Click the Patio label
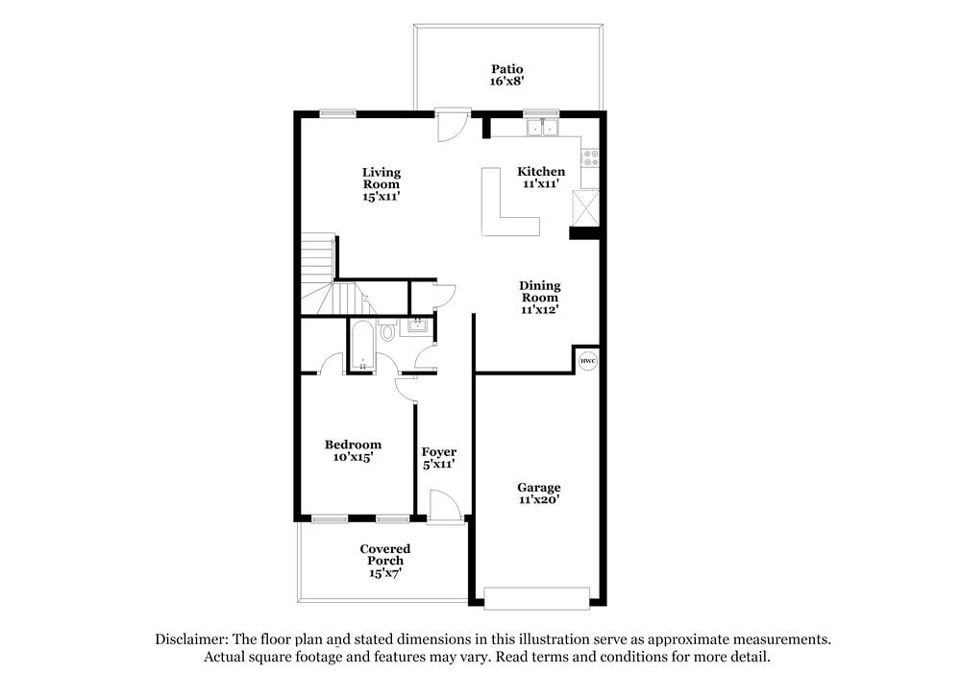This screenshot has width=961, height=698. [x=506, y=69]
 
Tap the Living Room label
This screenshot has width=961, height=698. [x=382, y=178]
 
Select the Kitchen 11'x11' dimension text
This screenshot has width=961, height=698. [x=543, y=183]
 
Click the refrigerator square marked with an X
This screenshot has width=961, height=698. [x=584, y=206]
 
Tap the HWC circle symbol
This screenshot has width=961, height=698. [x=588, y=361]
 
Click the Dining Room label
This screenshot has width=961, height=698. [x=539, y=291]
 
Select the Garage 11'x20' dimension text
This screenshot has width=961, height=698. [x=539, y=499]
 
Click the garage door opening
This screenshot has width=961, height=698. [x=536, y=597]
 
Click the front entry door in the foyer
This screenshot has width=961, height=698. [x=443, y=506]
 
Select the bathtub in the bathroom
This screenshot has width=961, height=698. [x=362, y=346]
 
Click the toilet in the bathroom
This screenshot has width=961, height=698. [x=387, y=332]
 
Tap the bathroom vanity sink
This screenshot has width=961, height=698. [x=417, y=326]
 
